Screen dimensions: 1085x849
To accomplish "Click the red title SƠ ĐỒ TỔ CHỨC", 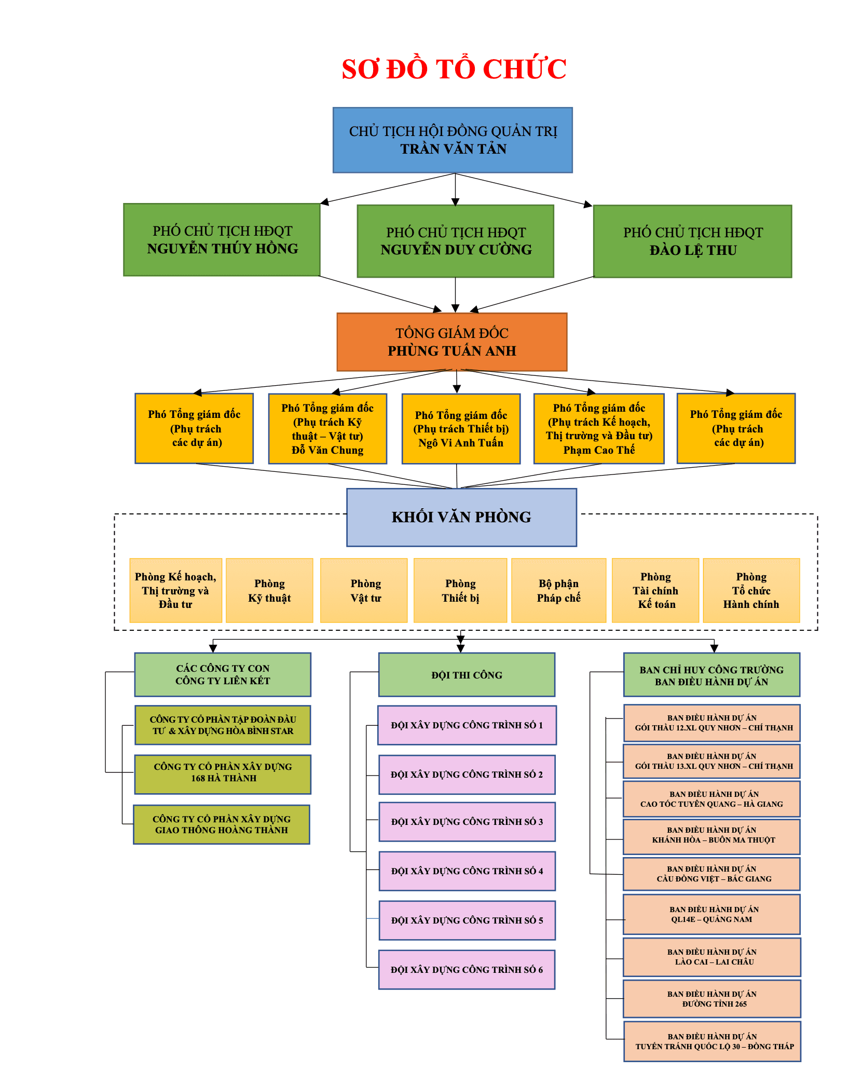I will (x=454, y=69).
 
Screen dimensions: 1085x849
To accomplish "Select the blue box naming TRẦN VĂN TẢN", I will (x=453, y=140).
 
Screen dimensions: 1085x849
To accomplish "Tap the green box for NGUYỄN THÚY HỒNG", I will (x=222, y=240).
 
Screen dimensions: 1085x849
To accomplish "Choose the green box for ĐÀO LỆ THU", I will (x=692, y=241).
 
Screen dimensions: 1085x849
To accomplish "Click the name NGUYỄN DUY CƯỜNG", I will (x=456, y=250).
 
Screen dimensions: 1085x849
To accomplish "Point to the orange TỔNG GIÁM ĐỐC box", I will (x=451, y=342).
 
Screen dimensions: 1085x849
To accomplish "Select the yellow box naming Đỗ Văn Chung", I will (x=327, y=429).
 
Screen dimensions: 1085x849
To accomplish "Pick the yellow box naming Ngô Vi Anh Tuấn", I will (x=461, y=429).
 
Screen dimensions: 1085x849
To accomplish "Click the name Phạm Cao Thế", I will (x=599, y=450).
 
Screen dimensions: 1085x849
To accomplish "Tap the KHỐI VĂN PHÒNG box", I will (x=461, y=517).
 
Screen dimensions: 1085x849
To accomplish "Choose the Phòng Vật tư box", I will (x=365, y=591).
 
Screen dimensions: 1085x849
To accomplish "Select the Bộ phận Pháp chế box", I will (x=558, y=591).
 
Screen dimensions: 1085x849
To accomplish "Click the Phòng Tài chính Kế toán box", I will (x=655, y=591).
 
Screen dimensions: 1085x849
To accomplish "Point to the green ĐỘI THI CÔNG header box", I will (x=467, y=675).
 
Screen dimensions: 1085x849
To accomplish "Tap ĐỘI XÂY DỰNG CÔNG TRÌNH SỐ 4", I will (x=467, y=871).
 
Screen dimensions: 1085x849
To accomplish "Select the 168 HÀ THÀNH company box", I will (x=223, y=774).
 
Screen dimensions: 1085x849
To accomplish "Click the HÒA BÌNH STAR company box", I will (x=223, y=725).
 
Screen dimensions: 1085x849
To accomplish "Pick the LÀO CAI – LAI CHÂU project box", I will (x=711, y=957).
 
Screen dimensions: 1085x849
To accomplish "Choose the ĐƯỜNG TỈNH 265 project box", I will (x=711, y=999).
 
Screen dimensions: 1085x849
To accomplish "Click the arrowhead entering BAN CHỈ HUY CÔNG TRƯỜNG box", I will (x=714, y=648).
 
